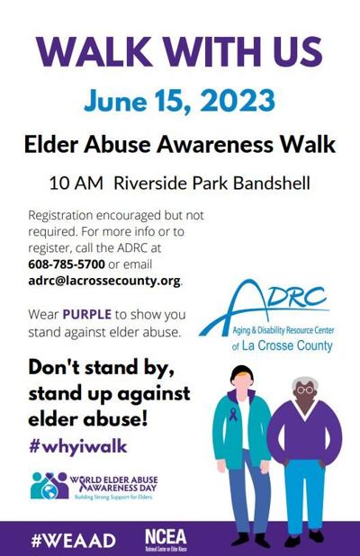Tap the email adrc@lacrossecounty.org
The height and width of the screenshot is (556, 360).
click(104, 281)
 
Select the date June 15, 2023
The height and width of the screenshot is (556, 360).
click(179, 101)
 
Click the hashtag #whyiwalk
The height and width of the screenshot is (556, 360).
click(77, 445)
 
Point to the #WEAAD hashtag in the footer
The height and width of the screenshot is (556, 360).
click(61, 540)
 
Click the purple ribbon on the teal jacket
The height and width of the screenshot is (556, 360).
click(232, 416)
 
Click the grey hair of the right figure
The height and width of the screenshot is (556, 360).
click(305, 381)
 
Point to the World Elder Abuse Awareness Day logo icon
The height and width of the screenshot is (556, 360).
click(49, 485)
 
